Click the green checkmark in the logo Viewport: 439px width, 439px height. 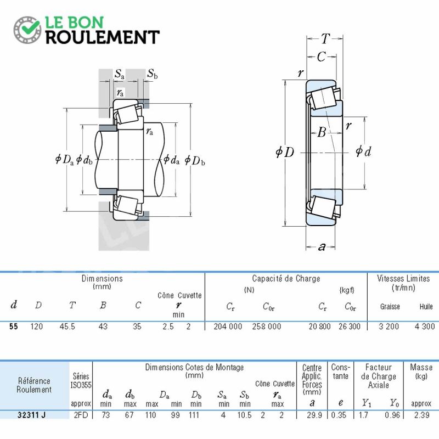point(30,26)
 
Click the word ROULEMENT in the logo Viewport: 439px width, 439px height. point(103,37)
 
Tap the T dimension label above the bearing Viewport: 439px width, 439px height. point(325,38)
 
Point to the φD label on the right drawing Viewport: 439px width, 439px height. point(285,152)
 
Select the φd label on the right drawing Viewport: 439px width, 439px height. point(363,151)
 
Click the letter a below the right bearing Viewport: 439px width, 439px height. point(322,246)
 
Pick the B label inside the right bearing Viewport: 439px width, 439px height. point(322,132)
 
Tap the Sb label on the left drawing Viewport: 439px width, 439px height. point(153,74)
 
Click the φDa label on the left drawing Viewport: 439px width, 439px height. point(64,160)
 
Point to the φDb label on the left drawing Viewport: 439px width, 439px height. point(195,160)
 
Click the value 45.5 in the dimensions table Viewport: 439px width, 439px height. point(67,326)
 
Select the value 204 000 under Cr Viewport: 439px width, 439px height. point(228,326)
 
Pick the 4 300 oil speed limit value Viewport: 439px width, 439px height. point(425,326)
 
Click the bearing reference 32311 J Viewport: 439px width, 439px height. point(31,415)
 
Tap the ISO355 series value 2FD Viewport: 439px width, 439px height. point(81,415)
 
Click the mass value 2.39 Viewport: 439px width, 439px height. point(421,415)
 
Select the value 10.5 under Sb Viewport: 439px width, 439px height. point(244,415)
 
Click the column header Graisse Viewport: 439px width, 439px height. point(390,307)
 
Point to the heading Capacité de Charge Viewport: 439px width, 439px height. point(286,279)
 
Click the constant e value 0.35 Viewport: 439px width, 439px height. point(339,415)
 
